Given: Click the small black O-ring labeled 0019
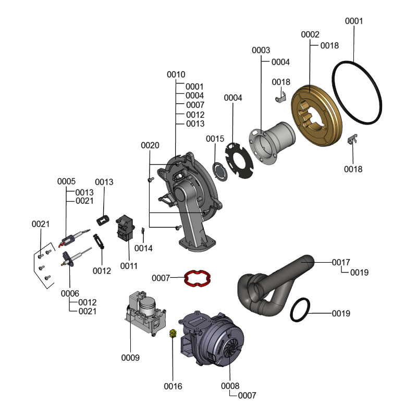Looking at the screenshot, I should tap(301, 311).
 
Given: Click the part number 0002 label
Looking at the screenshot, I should tap(310, 34).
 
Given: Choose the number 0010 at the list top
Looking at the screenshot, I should tap(176, 75).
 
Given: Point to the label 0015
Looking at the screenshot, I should tap(215, 139).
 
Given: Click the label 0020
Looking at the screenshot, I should tap(150, 145).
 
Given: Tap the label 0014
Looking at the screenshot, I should tap(143, 248).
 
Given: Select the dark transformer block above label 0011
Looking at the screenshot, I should tap(126, 229).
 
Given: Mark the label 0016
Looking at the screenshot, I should tap(173, 386).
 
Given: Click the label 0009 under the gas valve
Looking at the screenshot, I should tap(130, 358).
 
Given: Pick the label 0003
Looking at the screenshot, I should tap(261, 50).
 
